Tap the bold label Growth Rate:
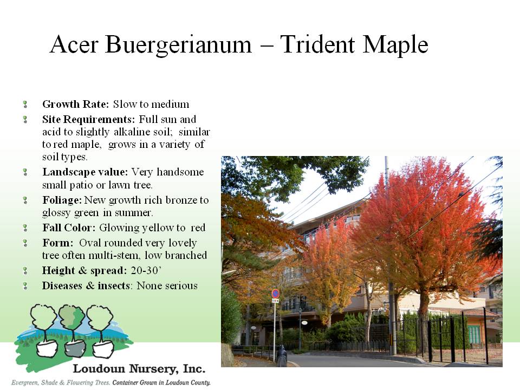point(76,104)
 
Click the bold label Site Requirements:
point(88,119)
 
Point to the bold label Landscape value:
point(85,172)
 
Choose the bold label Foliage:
point(62,200)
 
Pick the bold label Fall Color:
point(69,228)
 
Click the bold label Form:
point(58,243)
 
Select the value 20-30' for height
point(146,271)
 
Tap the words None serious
point(167,286)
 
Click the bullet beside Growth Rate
point(25,105)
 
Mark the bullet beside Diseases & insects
point(25,286)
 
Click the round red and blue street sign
point(276,294)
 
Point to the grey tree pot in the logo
point(73,348)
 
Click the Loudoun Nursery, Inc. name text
point(139,368)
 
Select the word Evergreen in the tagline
point(25,383)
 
